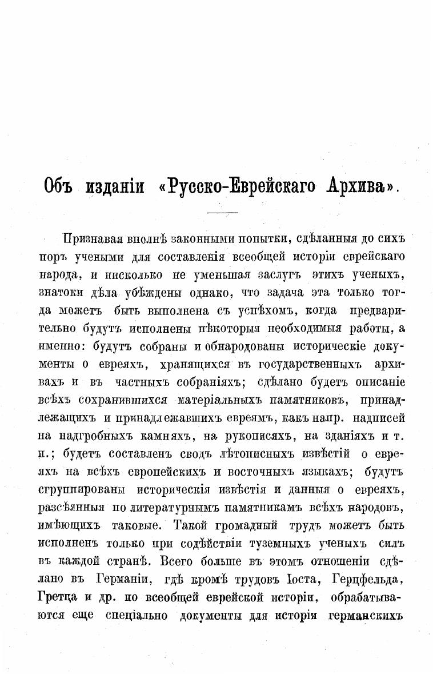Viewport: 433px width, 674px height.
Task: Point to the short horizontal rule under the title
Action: click(x=222, y=213)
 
